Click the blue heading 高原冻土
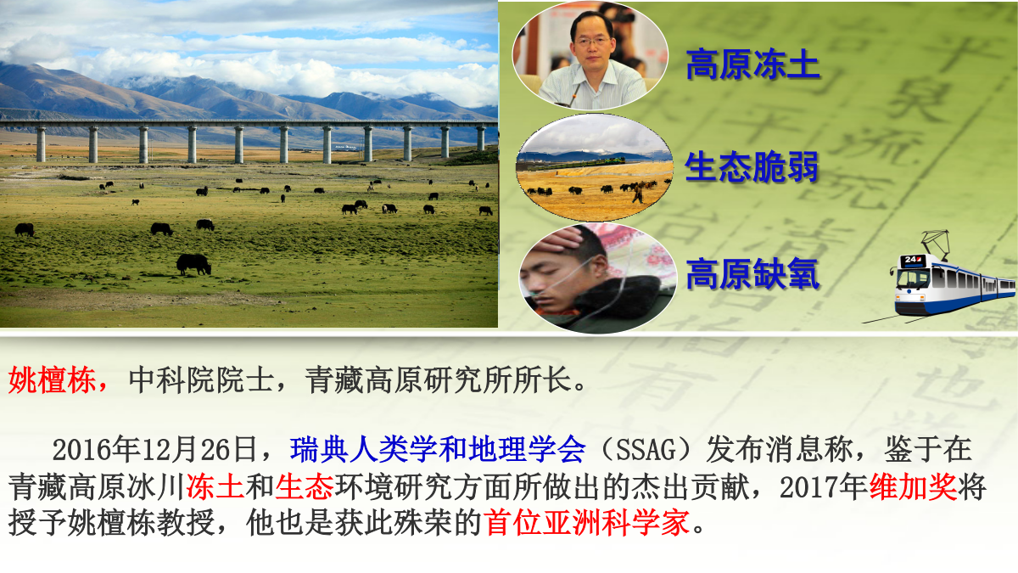(752, 65)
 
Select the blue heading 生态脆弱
(752, 167)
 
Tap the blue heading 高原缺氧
(752, 273)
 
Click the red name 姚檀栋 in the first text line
(52, 379)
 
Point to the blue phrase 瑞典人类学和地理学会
(438, 449)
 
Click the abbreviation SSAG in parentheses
(646, 450)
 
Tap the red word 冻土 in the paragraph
(215, 486)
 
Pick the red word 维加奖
(913, 486)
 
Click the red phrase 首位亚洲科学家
(586, 523)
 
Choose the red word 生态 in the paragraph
(304, 486)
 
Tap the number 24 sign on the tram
(913, 260)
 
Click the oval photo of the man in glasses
(590, 55)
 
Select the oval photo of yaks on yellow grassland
(595, 167)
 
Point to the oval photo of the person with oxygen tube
(597, 278)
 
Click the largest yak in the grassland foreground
(193, 264)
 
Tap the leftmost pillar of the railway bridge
(41, 144)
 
